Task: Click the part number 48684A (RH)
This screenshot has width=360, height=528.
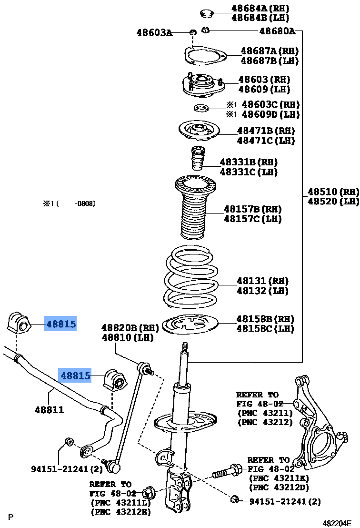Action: point(260,8)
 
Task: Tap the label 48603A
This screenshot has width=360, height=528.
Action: point(154,32)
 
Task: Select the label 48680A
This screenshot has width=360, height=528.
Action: point(277,32)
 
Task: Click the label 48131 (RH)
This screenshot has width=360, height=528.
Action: point(263,281)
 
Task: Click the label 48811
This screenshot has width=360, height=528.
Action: point(49,409)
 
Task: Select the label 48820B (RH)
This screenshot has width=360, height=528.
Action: point(129,328)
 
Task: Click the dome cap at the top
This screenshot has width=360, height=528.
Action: point(206,12)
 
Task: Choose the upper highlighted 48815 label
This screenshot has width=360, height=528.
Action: point(61,325)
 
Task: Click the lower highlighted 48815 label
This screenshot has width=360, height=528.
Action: point(75,376)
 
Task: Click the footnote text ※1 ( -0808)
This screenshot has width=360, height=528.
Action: point(70,203)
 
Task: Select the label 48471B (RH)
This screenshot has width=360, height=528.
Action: point(266,131)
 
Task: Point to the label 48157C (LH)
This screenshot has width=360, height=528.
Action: point(253,219)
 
